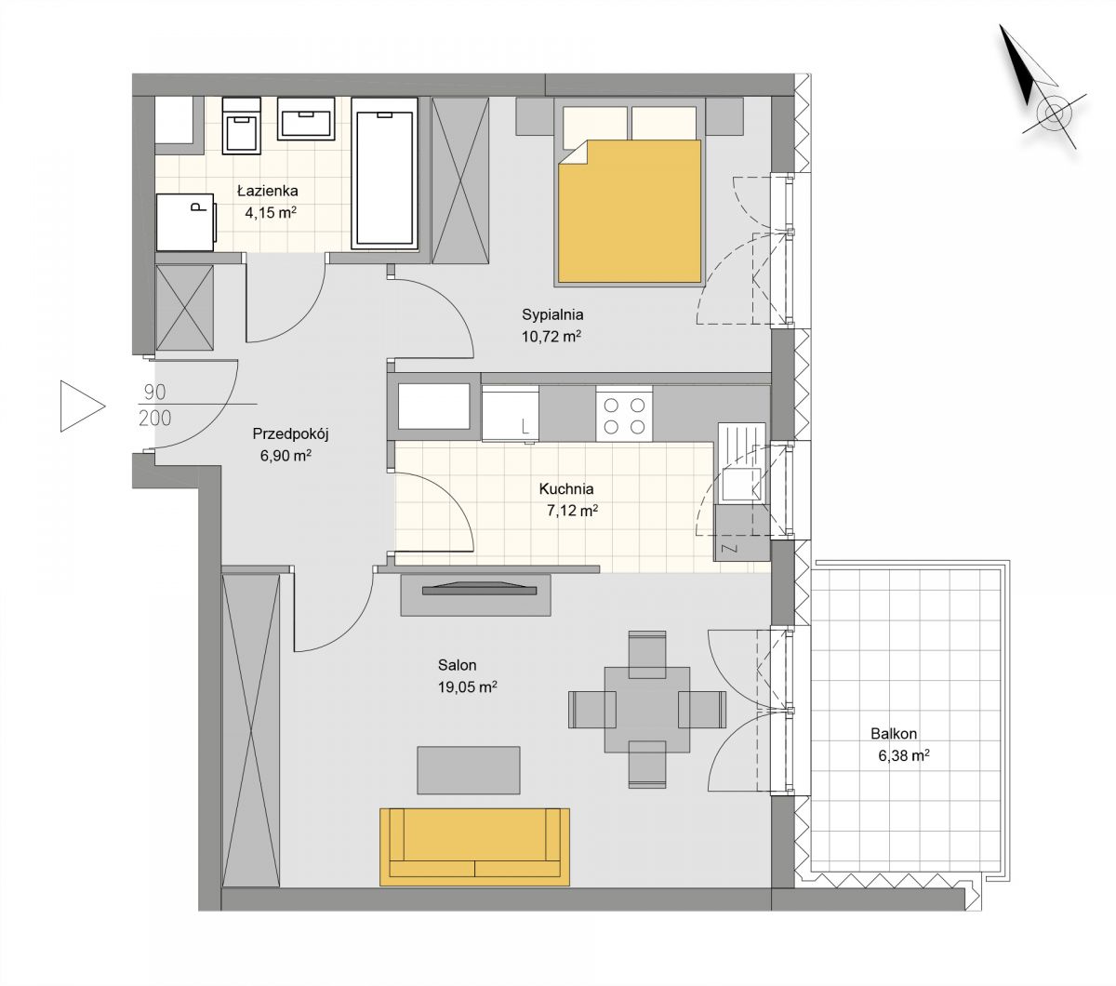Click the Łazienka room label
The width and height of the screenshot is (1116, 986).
coord(268,192)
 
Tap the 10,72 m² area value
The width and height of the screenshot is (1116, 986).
coord(551,336)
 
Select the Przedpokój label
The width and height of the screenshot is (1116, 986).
coord(290,434)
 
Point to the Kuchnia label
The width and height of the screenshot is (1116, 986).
coord(566,489)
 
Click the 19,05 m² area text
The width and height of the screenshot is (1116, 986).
coord(468,687)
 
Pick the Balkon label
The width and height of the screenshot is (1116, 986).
coord(894,734)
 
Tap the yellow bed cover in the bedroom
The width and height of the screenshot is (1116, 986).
coord(630,211)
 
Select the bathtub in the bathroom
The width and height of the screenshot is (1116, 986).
coord(384,174)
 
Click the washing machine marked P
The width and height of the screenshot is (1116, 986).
coord(186,222)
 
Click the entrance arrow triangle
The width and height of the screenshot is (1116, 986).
coord(83,406)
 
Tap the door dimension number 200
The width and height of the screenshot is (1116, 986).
coord(154,419)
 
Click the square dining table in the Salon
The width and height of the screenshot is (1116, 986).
coord(646,710)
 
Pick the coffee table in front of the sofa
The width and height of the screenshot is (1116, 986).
coord(468,770)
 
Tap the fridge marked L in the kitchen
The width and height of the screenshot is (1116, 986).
coord(511,413)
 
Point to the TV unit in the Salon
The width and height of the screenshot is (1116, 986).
coord(475,595)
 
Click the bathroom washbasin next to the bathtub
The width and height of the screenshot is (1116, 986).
coord(306,119)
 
